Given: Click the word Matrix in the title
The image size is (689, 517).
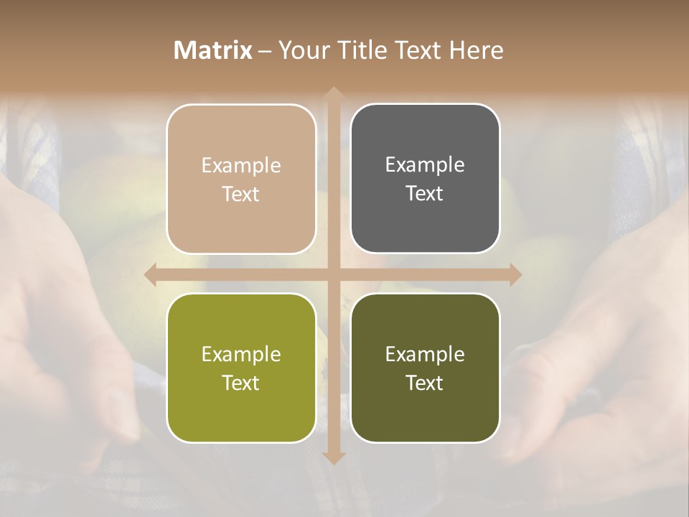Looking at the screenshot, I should tap(213, 50).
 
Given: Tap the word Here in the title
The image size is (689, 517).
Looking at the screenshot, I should tap(475, 50).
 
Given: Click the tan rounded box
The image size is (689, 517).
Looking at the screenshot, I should tap(241, 179).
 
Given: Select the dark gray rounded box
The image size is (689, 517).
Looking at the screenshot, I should tap(425, 179).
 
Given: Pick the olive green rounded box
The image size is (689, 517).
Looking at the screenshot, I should tap(241, 368).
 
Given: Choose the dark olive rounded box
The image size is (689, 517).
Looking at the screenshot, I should tap(425, 368).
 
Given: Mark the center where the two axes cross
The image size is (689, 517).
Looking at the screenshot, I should tap(333, 274).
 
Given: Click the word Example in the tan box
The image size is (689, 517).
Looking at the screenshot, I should tap(241, 166).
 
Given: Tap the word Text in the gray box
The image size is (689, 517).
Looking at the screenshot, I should tap(425, 193).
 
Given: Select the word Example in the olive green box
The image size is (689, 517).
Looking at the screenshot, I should tap(241, 355).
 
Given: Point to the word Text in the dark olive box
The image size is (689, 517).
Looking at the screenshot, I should tap(425, 383).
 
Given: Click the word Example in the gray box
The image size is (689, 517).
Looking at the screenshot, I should tap(425, 165).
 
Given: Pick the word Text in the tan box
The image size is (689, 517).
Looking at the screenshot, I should tap(241, 194).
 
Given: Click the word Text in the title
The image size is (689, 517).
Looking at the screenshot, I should tap(416, 50).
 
